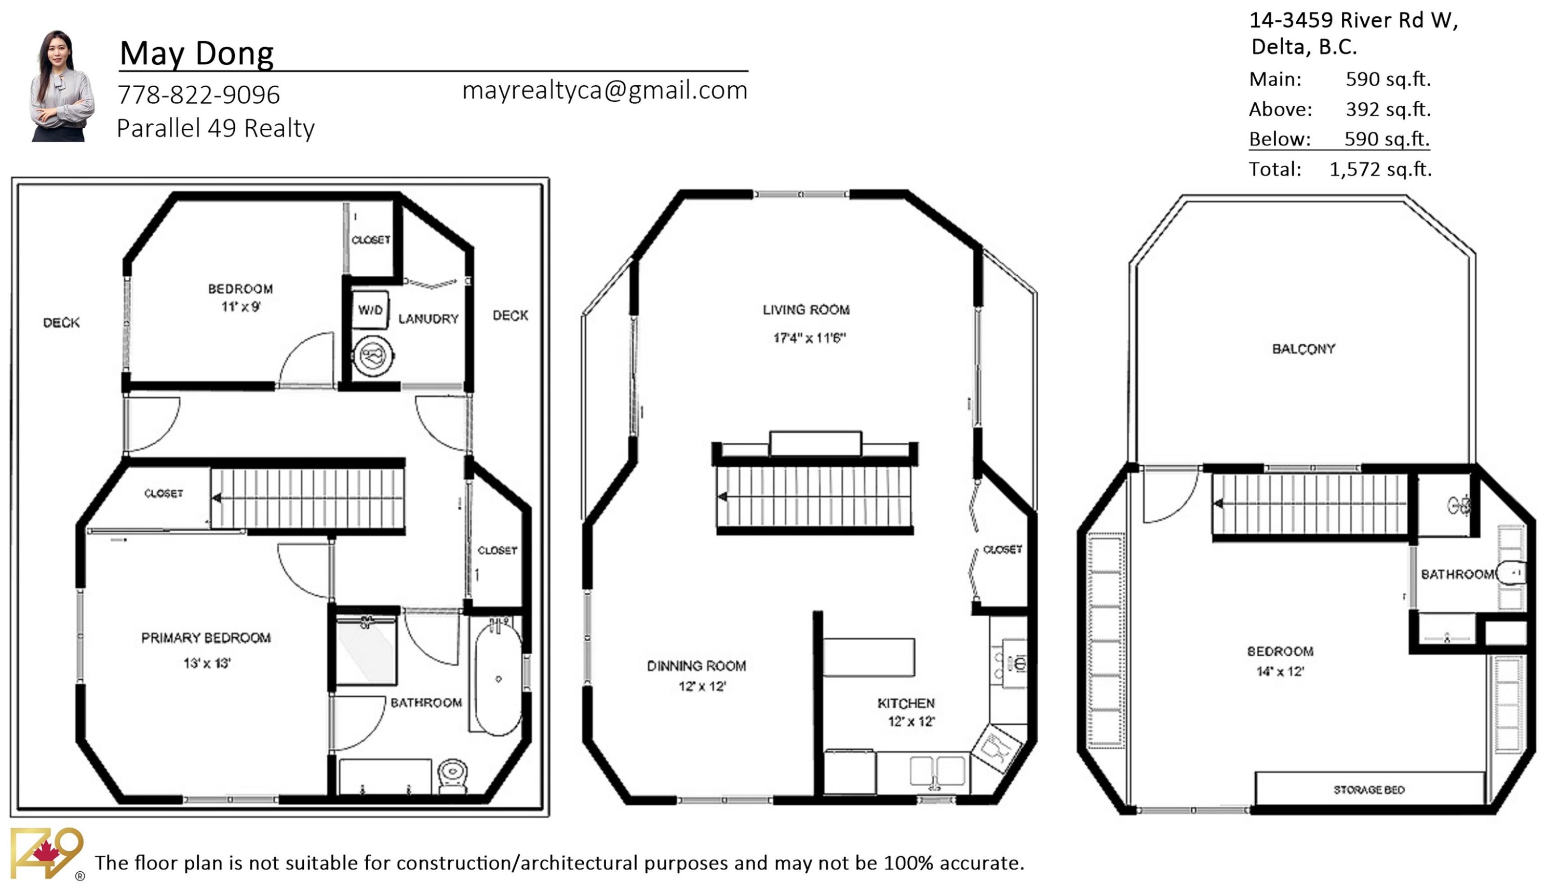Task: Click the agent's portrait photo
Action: [62, 86]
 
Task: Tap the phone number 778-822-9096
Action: [198, 95]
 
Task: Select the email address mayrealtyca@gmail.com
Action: [604, 90]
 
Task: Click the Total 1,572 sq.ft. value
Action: [1380, 169]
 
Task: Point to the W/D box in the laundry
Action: [370, 310]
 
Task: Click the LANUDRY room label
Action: [428, 319]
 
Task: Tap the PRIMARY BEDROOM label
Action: [206, 638]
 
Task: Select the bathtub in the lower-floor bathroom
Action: [498, 680]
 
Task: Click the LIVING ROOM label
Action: [805, 310]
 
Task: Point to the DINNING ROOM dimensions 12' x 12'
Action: [702, 686]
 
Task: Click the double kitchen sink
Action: [936, 771]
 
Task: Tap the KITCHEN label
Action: [906, 704]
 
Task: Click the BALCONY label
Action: [1303, 349]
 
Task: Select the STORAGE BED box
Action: [1368, 790]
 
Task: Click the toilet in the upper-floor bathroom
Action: [1511, 573]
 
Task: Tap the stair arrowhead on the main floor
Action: [723, 496]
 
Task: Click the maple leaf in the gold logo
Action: [46, 852]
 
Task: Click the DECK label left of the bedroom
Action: [61, 323]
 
